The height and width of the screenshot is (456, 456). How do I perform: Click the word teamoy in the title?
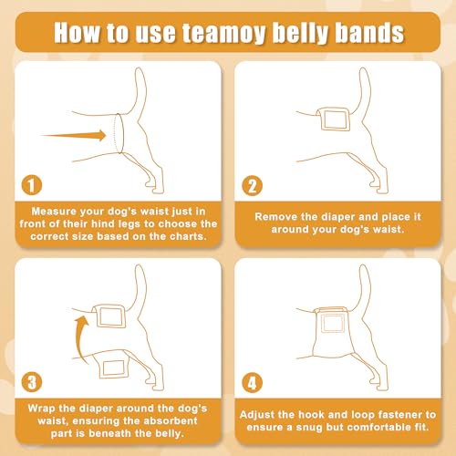[x=223, y=33]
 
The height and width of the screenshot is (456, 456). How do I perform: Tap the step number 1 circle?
[x=32, y=185]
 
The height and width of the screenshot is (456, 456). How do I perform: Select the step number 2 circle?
[x=252, y=186]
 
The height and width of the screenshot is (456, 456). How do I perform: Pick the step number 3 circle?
[x=32, y=382]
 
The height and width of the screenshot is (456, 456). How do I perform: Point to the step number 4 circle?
[x=252, y=383]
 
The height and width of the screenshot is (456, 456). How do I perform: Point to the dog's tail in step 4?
[x=365, y=285]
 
